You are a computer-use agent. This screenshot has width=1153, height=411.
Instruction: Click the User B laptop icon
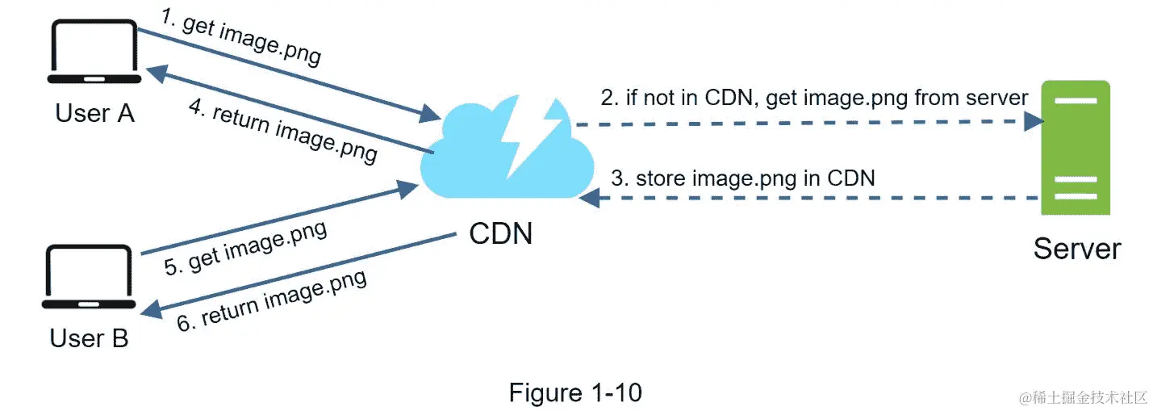88,278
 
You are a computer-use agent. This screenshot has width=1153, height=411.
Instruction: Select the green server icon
1075,147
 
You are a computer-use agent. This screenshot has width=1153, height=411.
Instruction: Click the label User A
94,113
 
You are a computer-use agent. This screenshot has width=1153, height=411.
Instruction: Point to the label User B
89,338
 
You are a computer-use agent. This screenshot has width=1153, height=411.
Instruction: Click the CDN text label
500,233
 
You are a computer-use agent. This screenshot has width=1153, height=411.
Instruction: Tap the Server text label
1076,248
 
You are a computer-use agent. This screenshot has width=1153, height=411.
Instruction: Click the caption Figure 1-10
575,392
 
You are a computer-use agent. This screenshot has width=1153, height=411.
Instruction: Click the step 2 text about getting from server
814,99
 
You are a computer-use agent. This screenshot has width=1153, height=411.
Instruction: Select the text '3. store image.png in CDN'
742,178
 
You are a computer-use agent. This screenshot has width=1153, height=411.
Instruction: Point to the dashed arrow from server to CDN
807,198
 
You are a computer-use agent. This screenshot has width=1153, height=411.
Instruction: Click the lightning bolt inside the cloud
528,137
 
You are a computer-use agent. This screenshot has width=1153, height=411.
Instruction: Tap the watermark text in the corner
1083,397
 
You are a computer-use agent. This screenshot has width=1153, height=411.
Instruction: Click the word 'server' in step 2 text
1000,99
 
